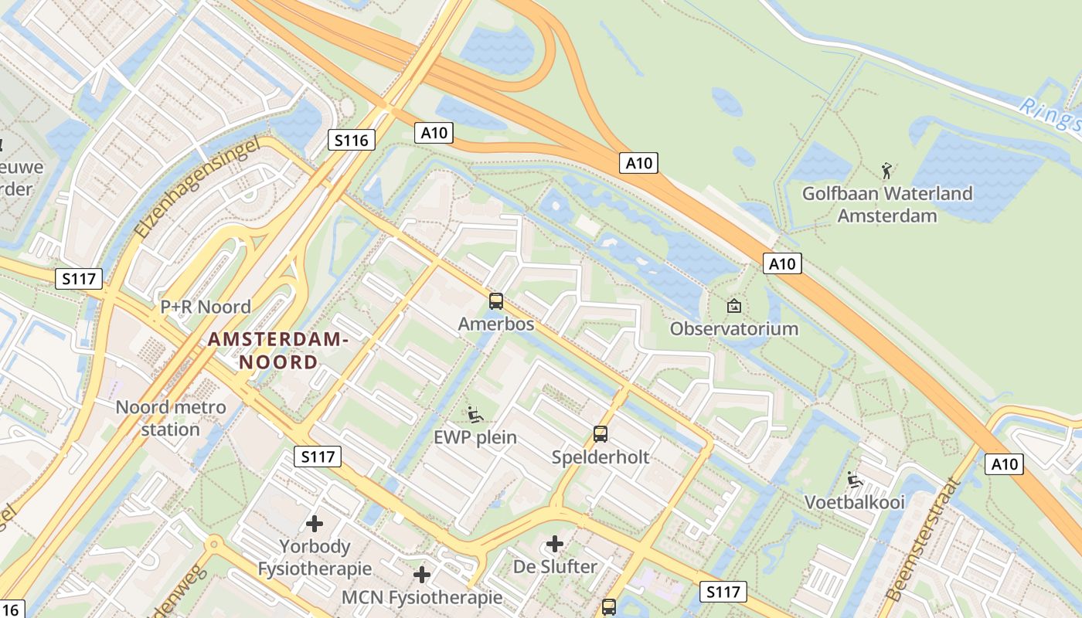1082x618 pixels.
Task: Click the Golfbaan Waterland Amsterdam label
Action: (887, 204)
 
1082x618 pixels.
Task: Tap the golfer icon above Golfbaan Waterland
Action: (886, 169)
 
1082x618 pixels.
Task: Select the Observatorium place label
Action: (733, 328)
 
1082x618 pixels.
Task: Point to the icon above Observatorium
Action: (733, 306)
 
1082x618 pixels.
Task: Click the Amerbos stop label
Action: (496, 324)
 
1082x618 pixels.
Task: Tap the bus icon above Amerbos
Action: (496, 301)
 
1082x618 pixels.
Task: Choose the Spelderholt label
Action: (601, 457)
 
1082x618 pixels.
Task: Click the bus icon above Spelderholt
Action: (601, 433)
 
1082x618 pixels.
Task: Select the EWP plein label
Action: (475, 437)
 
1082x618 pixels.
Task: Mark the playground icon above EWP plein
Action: (475, 415)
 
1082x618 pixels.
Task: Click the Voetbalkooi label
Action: (854, 502)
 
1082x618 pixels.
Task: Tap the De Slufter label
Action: (555, 566)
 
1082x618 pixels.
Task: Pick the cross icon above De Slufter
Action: (555, 544)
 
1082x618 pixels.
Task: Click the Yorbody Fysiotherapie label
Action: (315, 558)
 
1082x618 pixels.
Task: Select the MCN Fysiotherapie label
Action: (422, 597)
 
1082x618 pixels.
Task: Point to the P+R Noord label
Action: (206, 307)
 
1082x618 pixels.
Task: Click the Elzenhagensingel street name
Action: (195, 189)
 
